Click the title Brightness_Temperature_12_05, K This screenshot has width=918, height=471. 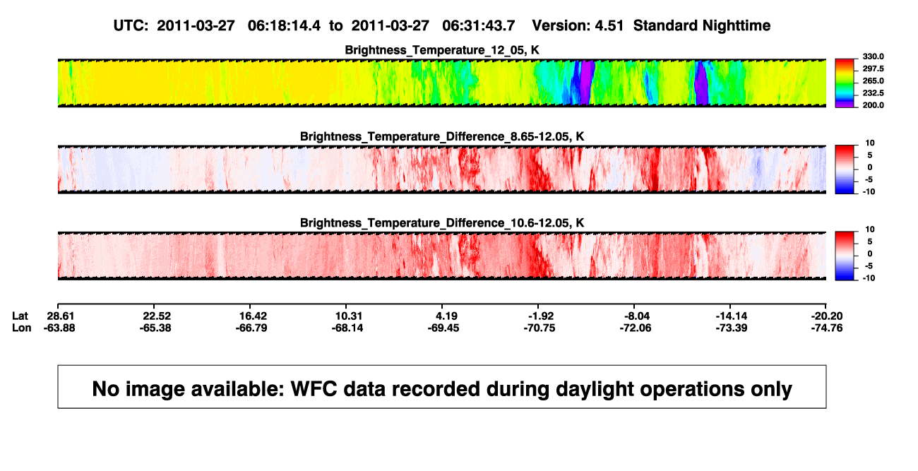pos(442,50)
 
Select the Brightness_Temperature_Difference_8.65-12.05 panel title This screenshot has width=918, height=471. pos(442,136)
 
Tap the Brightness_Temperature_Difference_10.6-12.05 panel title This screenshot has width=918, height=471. pos(442,223)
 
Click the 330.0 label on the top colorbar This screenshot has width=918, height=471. pos(873,56)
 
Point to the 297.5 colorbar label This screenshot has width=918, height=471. pos(873,68)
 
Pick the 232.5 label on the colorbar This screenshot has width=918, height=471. pos(873,93)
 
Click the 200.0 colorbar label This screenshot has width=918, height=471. pos(873,105)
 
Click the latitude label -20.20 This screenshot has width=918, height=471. pos(827,316)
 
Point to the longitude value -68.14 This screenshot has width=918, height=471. pos(347,328)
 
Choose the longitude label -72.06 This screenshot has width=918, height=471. pos(636,328)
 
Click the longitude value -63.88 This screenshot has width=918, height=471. pos(59,328)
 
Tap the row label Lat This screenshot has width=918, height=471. pos(20,316)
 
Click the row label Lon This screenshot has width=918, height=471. pos(21,328)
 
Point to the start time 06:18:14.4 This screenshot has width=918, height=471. pos(284,26)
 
